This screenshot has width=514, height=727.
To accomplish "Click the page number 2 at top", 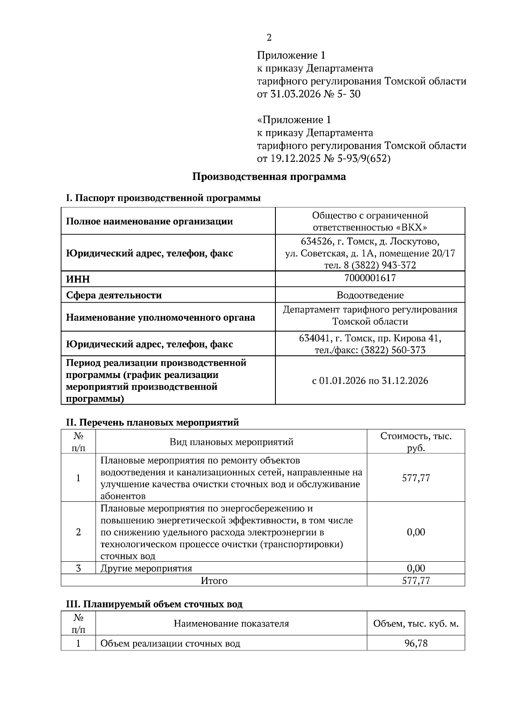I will click(269, 38).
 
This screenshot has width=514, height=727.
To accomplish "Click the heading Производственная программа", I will click(269, 177).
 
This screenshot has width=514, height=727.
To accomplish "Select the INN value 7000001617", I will click(370, 278).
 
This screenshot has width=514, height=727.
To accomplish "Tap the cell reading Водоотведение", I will click(370, 295).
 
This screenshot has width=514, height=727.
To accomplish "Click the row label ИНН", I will click(78, 279).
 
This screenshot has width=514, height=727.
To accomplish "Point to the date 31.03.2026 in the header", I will click(295, 94).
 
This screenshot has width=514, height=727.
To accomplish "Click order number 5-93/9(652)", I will click(363, 159).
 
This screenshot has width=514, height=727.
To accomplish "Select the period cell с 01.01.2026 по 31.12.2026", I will click(370, 381).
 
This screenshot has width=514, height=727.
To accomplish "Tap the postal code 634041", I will click(314, 338).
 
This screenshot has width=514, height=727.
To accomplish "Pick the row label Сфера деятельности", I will click(114, 295).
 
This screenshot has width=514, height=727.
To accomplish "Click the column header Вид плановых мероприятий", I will click(231, 442).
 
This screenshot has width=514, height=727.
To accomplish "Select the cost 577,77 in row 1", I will click(415, 478).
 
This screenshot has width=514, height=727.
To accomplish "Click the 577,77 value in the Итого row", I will click(415, 581).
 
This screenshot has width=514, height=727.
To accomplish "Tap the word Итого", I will click(214, 581).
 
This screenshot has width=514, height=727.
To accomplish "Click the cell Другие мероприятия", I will click(146, 569).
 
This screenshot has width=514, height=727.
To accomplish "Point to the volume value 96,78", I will click(415, 643).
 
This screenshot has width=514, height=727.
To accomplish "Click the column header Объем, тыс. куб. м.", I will click(415, 623).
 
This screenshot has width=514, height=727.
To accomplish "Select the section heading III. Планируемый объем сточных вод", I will click(154, 604).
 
